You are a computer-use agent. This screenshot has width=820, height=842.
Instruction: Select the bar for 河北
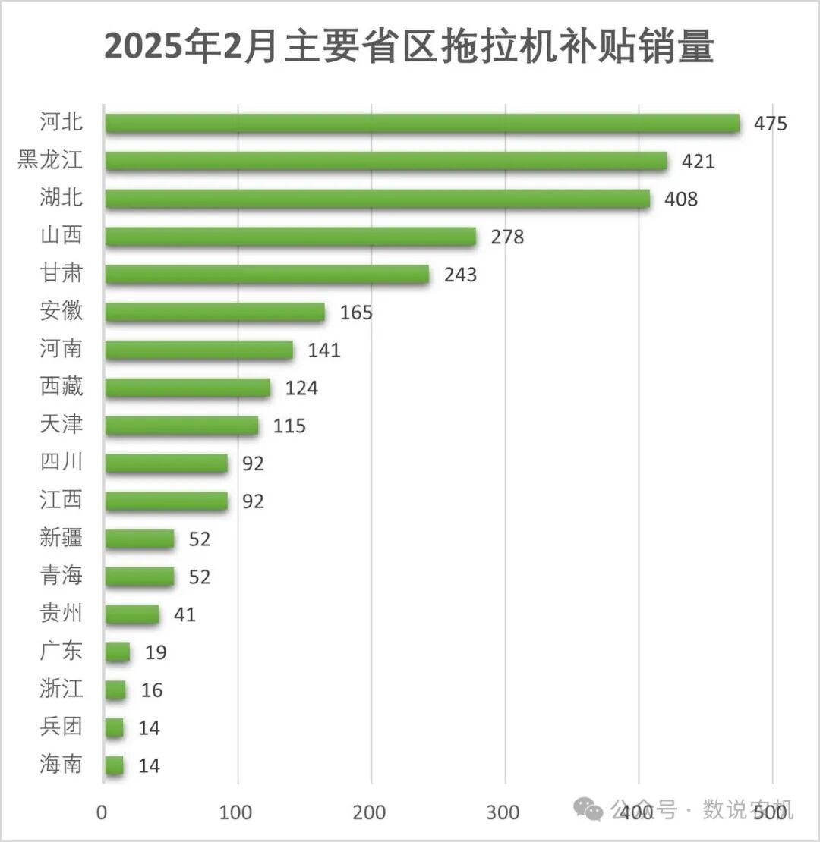422,123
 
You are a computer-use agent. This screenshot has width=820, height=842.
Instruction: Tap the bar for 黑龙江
386,161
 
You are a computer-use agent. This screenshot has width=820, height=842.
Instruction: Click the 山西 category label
61,236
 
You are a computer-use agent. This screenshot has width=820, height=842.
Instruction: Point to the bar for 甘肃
266,274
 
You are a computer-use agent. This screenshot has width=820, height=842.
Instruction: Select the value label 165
356,312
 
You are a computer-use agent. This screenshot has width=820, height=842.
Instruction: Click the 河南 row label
61,350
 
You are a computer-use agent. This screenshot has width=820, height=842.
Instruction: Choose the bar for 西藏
188,388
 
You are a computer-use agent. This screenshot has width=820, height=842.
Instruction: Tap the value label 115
289,426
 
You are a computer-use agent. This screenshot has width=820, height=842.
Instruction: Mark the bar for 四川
166,463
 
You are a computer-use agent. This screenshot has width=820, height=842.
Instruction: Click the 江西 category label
61,501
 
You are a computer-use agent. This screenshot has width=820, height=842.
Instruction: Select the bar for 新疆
140,539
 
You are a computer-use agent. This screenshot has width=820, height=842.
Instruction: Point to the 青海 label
61,577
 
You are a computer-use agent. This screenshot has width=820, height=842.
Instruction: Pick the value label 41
184,614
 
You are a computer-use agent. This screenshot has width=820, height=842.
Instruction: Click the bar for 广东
118,652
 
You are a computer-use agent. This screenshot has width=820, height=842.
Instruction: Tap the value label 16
152,690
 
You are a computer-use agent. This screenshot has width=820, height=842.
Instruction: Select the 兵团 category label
61,727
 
